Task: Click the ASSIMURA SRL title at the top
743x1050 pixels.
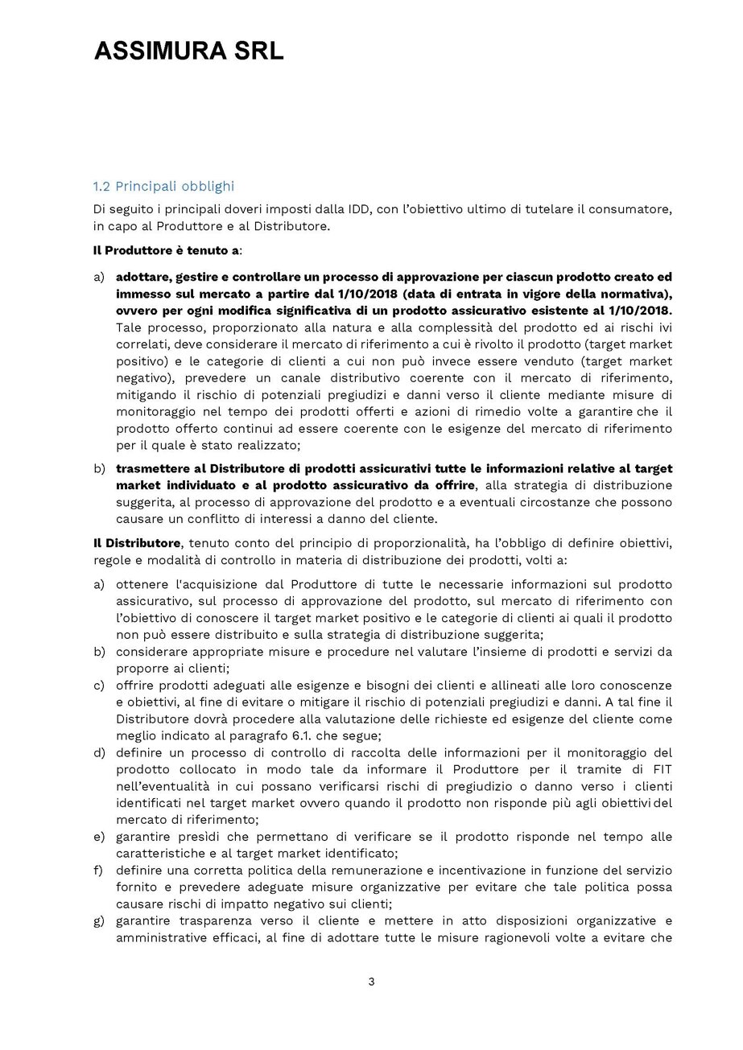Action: click(x=189, y=52)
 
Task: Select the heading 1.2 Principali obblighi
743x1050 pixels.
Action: click(x=163, y=187)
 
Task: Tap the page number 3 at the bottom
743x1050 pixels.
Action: click(x=371, y=981)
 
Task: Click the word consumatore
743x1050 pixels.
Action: click(x=632, y=209)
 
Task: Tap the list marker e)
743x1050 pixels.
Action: click(x=99, y=838)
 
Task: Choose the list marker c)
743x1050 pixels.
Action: click(x=99, y=686)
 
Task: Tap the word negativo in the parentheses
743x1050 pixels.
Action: click(x=142, y=377)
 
